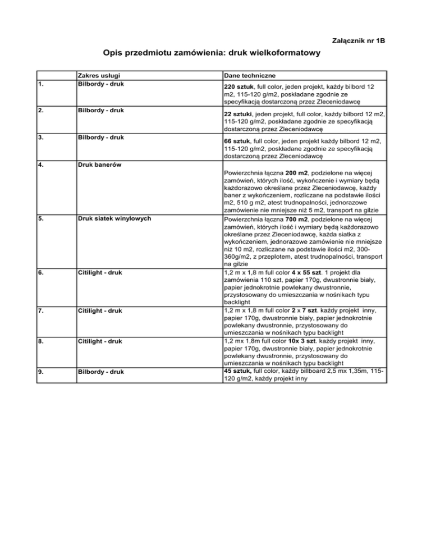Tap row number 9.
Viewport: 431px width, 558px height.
pos(42,371)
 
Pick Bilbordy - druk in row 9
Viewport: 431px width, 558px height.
pos(100,371)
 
